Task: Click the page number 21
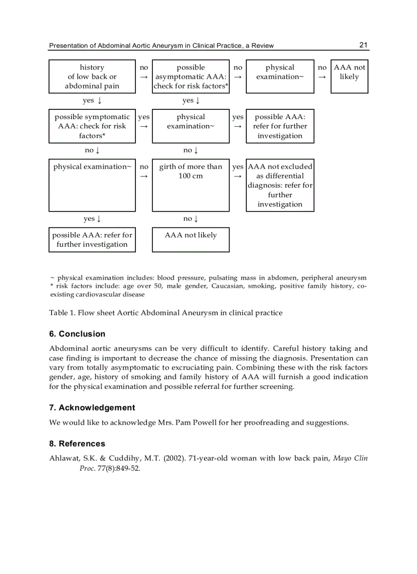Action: (363, 45)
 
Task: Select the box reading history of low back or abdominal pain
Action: (92, 77)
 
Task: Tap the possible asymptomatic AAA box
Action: (191, 77)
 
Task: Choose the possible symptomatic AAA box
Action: (92, 126)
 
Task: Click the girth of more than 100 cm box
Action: (191, 185)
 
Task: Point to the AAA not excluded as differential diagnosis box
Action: (280, 185)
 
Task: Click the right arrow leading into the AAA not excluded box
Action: (238, 176)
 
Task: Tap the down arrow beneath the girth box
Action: (196, 219)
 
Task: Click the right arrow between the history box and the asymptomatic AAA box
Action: (144, 77)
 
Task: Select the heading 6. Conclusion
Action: (77, 334)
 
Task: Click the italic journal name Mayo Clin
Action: (350, 458)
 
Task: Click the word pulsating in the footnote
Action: (224, 278)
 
